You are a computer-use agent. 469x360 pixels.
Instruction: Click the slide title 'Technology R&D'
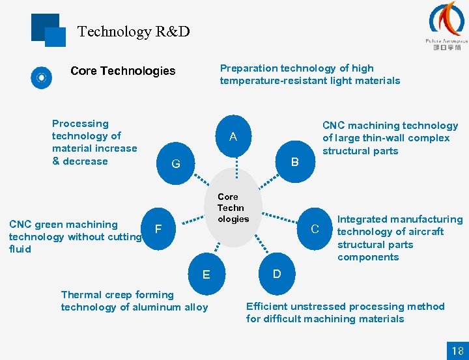click(134, 31)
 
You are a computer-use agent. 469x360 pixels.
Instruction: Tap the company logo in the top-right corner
click(446, 26)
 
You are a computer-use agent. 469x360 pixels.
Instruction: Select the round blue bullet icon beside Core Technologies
click(42, 78)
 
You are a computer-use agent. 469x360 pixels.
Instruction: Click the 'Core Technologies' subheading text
click(122, 71)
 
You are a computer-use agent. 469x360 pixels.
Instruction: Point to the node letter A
click(233, 137)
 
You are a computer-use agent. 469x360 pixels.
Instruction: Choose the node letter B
click(294, 161)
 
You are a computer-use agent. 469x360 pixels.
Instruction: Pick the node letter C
click(315, 228)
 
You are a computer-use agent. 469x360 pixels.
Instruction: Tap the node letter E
click(206, 275)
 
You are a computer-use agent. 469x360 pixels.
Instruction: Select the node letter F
click(158, 229)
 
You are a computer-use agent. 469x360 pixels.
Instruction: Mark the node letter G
click(176, 164)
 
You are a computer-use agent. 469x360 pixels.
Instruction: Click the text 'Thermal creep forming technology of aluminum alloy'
click(134, 301)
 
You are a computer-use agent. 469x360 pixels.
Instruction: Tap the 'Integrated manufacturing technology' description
click(399, 238)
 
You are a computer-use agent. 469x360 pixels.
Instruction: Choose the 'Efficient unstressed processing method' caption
click(345, 312)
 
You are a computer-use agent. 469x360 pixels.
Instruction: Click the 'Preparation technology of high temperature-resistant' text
click(309, 74)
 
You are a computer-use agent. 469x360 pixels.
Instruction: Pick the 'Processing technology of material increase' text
click(94, 142)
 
